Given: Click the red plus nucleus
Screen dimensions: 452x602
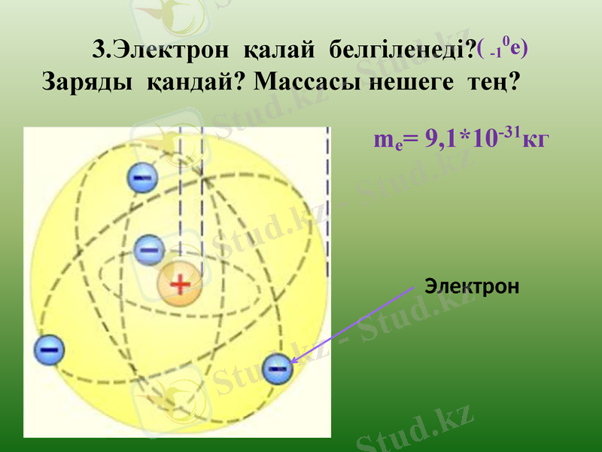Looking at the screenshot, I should click(180, 284).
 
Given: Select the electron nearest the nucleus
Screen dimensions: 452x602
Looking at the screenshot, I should click(149, 249).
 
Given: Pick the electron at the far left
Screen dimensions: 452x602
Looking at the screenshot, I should click(50, 350).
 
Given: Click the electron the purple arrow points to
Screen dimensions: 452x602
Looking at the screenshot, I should click(278, 368).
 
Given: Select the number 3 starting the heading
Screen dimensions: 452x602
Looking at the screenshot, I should click(98, 50).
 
